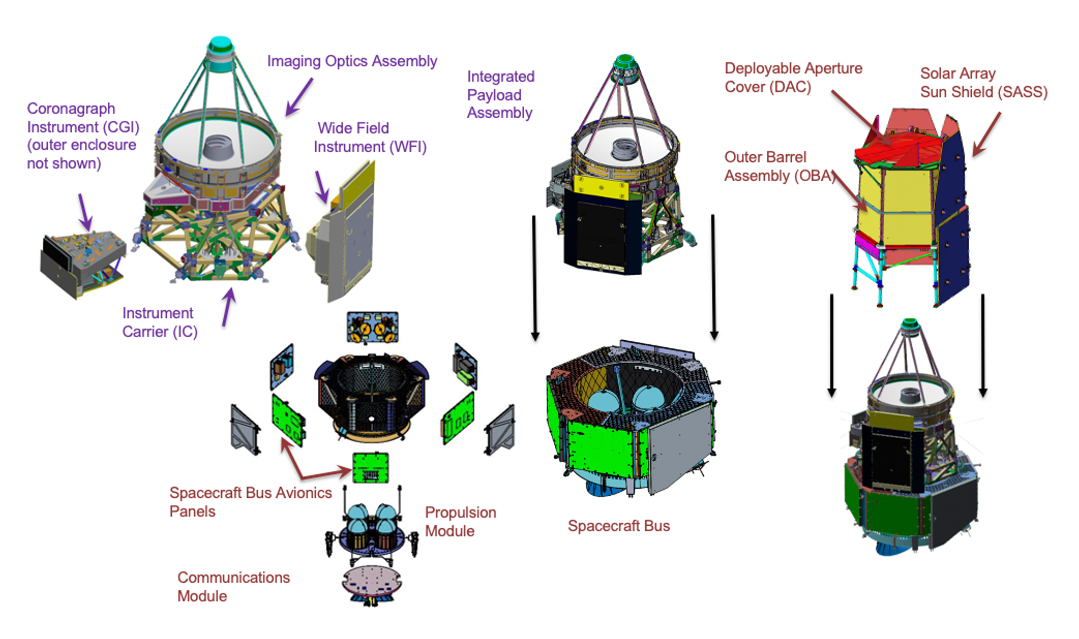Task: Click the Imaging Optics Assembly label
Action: (352, 61)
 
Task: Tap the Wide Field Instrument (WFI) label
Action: (369, 137)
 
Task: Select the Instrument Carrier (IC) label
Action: (159, 322)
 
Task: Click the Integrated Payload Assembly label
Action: (500, 95)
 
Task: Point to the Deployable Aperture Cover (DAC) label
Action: (793, 78)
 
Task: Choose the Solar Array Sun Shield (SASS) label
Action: (983, 83)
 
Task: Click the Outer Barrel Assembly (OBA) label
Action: (778, 166)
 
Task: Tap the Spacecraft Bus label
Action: (618, 526)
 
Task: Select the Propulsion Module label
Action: (460, 521)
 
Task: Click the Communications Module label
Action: (233, 586)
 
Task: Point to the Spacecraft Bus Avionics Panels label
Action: (250, 502)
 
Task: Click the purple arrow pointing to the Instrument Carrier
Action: (229, 307)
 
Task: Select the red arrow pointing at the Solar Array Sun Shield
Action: (987, 134)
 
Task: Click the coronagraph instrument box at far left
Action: (82, 263)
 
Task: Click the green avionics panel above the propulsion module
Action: (370, 468)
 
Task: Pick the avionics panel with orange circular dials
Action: (372, 327)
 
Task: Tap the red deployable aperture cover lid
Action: (897, 145)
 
